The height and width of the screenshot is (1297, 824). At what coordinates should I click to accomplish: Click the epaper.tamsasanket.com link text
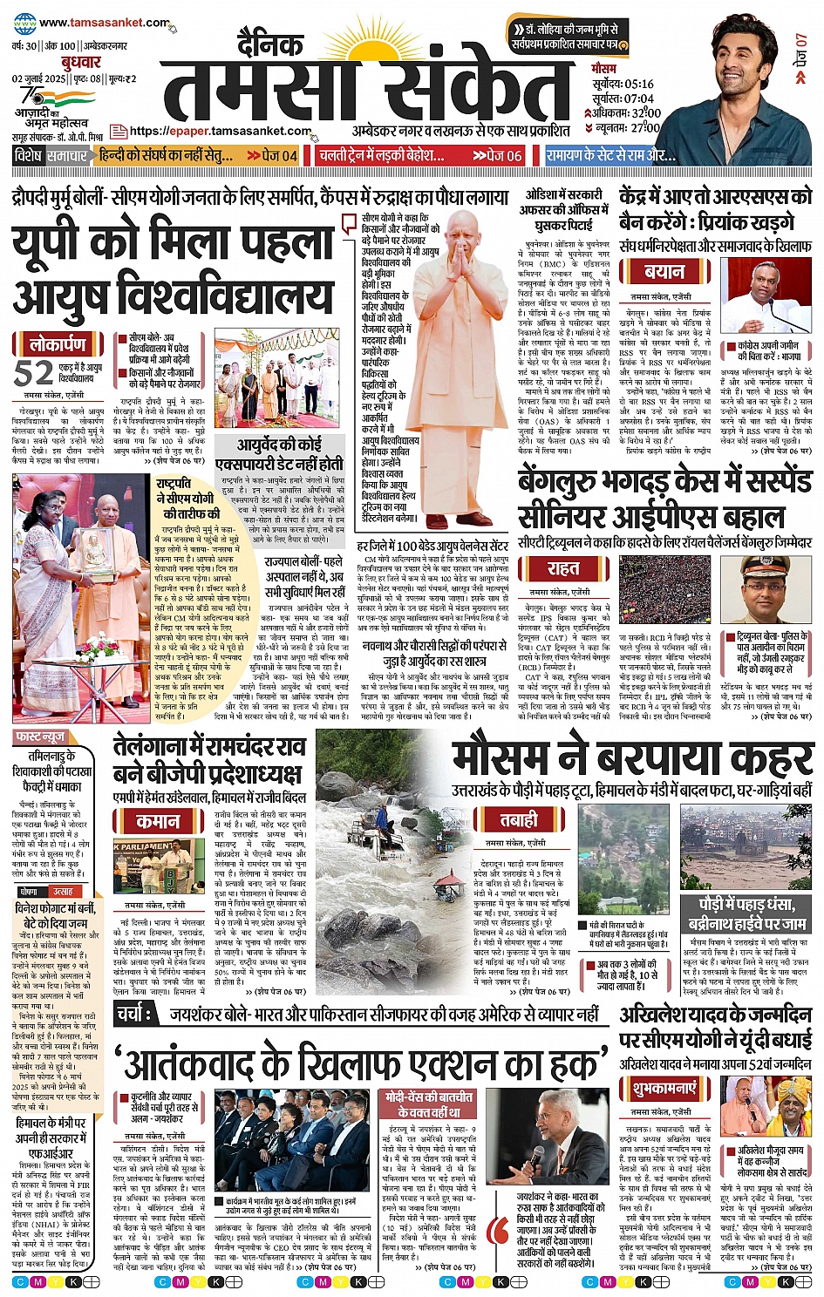pos(220,131)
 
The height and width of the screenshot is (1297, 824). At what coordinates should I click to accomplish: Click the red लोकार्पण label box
pos(59,344)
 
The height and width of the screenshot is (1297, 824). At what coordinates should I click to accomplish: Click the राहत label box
pos(562,568)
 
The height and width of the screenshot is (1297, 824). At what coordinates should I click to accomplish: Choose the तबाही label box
pos(519,819)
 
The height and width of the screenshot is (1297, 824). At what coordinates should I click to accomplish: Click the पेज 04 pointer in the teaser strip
pos(272,156)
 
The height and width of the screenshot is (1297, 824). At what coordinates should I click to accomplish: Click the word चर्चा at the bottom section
pos(133,1015)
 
